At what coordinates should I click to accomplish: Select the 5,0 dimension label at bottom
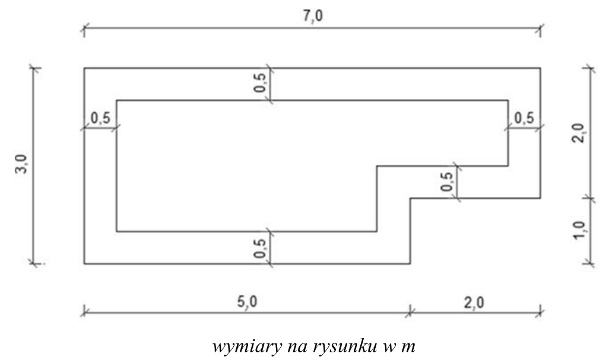[x=247, y=301]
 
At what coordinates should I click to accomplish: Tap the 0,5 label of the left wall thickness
[x=100, y=118]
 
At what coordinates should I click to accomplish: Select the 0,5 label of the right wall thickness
[x=524, y=118]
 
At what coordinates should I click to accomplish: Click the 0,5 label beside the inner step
[x=448, y=181]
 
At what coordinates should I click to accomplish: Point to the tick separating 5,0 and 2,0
[x=410, y=310]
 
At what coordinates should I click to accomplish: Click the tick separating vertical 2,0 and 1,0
[x=590, y=198]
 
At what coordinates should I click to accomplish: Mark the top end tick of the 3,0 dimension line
[x=34, y=69]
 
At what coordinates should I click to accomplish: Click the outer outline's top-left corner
[x=84, y=69]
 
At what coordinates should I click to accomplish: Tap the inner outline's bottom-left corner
[x=116, y=231]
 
